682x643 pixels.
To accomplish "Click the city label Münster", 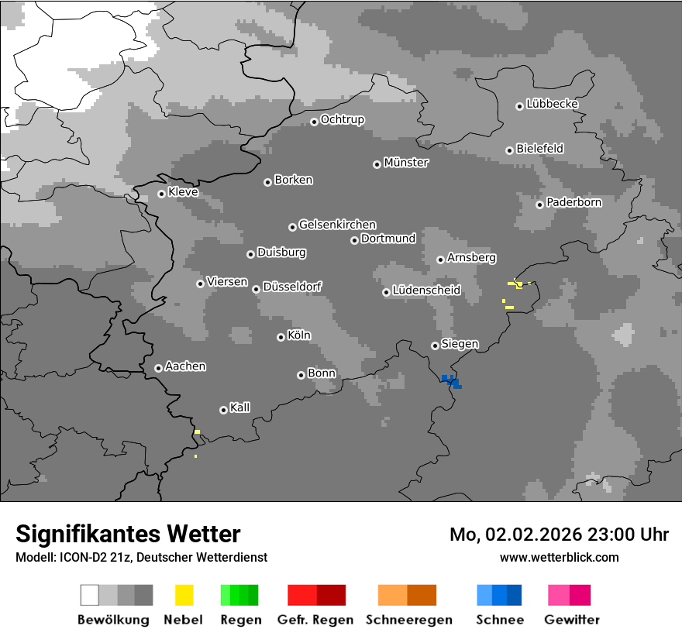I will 406,163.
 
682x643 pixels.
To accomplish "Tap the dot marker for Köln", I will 281,337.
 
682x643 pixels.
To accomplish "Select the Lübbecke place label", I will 552,104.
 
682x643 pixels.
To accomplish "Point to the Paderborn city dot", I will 539,205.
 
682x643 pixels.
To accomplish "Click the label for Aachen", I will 185,366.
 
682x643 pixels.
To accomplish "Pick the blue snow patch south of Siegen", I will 451,380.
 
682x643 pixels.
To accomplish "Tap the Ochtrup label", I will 342,119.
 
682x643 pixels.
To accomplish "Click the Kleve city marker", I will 161,194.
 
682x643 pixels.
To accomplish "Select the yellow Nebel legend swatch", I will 184,595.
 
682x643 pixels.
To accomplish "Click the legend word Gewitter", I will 571,620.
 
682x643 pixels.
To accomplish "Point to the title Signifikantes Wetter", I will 128,534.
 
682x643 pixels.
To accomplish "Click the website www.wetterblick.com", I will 559,557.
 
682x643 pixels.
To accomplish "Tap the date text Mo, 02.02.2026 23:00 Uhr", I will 559,535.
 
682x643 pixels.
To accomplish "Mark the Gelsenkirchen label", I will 337,225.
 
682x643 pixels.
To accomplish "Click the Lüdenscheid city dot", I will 386,292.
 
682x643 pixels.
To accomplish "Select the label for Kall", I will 239,407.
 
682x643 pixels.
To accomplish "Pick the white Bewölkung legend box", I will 90,595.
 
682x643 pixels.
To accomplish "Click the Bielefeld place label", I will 539,148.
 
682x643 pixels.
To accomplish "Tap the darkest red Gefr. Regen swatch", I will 331,595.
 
